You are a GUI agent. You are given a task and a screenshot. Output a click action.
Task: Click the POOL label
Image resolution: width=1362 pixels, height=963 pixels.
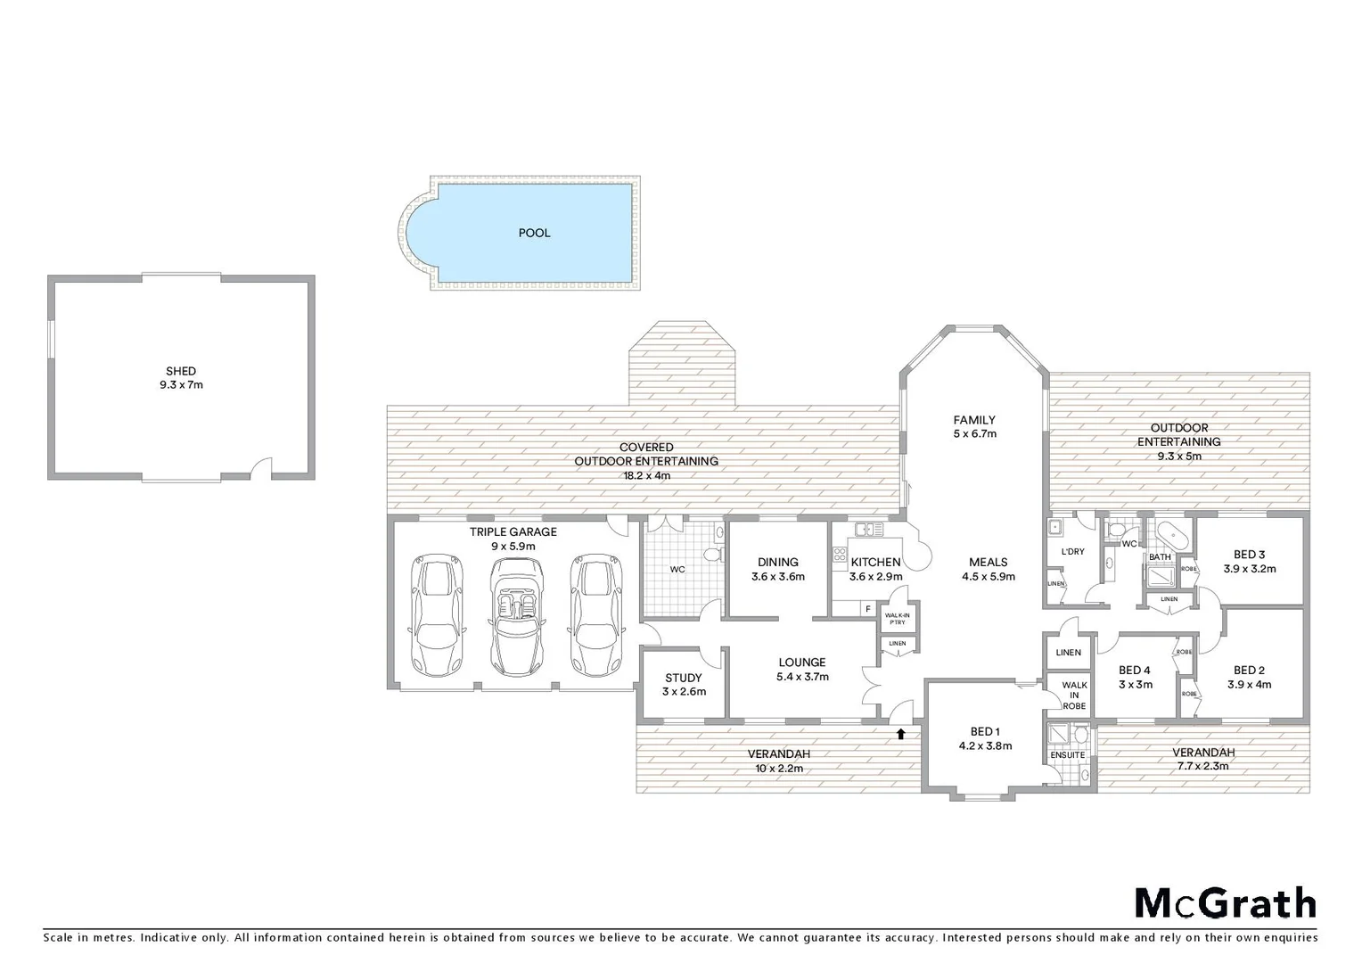[534, 233]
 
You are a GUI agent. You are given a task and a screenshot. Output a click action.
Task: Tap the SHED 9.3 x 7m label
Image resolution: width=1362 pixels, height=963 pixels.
[181, 378]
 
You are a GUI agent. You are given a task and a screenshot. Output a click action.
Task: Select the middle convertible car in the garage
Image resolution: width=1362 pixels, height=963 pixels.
[517, 617]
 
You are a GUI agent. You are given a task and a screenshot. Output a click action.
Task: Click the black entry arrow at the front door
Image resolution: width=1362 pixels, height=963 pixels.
[901, 734]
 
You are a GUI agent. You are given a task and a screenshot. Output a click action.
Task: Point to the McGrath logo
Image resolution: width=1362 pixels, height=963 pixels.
[1225, 903]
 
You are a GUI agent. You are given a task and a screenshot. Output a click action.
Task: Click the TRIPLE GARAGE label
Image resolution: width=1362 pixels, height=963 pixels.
[513, 532]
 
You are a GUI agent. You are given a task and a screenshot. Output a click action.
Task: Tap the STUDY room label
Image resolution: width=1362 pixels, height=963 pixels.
[683, 678]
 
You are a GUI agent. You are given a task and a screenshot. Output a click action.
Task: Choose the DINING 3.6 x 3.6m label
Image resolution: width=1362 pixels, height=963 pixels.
[777, 569]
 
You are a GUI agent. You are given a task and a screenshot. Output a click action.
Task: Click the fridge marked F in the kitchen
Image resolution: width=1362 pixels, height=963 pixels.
[866, 609]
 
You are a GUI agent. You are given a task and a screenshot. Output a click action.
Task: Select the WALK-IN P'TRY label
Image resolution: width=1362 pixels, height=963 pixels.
[897, 619]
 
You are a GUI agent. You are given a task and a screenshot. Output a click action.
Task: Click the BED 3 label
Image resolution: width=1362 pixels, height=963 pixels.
[1249, 555]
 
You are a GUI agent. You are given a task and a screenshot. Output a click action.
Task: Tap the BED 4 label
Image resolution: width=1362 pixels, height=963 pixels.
[1135, 671]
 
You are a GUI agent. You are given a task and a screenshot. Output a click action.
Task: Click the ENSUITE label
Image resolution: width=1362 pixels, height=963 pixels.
[1067, 755]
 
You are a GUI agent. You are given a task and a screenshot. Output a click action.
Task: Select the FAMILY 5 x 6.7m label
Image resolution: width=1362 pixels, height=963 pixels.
[973, 426]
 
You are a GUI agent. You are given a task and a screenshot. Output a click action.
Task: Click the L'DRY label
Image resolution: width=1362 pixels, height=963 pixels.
[1072, 551]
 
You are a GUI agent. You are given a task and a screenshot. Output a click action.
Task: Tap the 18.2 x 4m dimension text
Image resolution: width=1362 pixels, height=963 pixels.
[645, 475]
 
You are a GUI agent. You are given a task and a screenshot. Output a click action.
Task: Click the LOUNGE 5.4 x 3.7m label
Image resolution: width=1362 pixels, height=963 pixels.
[801, 669]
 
